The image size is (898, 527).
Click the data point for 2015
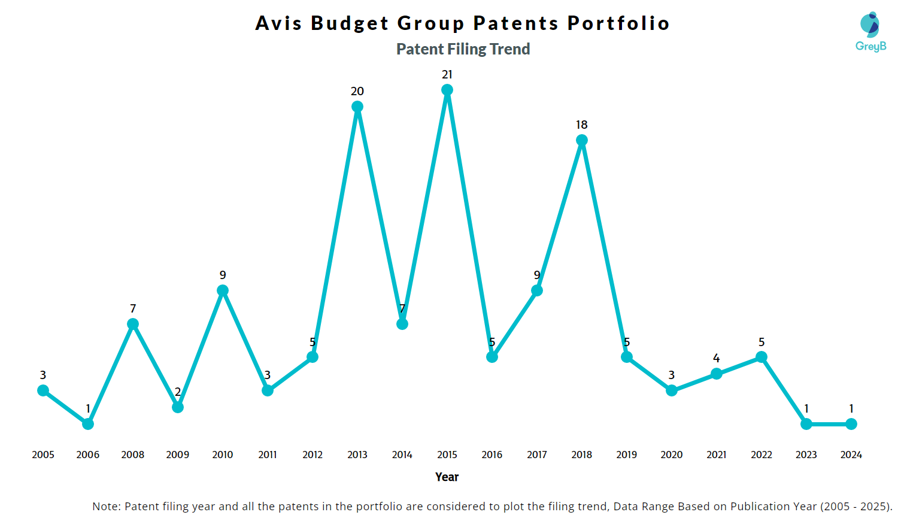(x=447, y=90)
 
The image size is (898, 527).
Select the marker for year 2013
(x=357, y=107)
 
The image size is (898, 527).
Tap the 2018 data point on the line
(x=582, y=140)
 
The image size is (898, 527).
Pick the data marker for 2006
(x=88, y=424)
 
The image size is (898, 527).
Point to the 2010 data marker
(x=223, y=290)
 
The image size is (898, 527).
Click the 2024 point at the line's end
(x=851, y=424)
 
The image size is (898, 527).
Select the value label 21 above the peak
(x=447, y=75)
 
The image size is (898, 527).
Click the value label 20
(x=357, y=92)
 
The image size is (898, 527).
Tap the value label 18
(x=582, y=125)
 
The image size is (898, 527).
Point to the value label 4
(x=717, y=359)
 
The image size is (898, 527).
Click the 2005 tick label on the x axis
(x=43, y=455)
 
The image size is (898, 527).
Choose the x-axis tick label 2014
(x=402, y=455)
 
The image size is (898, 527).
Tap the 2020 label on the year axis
(x=672, y=455)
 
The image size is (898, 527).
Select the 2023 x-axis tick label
(x=806, y=455)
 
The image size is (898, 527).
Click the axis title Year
(x=447, y=477)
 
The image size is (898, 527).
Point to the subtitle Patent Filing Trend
(x=463, y=49)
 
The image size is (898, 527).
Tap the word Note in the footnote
(x=105, y=507)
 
